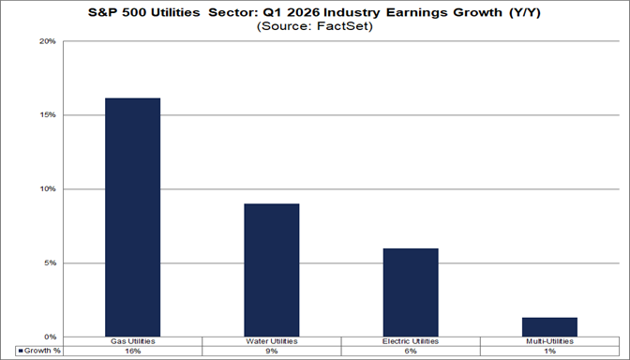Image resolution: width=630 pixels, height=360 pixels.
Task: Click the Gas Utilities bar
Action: point(132,217)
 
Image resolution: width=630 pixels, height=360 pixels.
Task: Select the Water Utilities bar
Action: point(272,270)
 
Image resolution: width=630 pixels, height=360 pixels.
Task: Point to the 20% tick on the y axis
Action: point(49,42)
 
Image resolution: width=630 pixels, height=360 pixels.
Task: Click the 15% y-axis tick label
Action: point(49,115)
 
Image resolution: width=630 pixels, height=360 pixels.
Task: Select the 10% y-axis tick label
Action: point(49,189)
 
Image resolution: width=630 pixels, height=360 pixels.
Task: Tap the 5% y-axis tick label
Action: point(51,262)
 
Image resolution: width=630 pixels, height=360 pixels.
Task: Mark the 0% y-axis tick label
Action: point(51,337)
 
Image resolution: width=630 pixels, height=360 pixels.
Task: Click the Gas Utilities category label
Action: point(132,341)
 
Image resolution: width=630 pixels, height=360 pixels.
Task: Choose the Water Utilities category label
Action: point(272,341)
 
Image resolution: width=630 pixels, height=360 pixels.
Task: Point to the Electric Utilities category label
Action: point(411,341)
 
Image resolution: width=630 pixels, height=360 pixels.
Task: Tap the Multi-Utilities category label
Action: point(549,341)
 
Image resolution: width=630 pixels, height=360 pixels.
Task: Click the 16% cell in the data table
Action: point(132,351)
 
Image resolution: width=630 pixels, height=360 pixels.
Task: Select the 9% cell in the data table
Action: point(272,351)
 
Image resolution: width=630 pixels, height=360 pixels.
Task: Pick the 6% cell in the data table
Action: point(411,351)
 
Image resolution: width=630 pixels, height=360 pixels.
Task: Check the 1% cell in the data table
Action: point(549,351)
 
